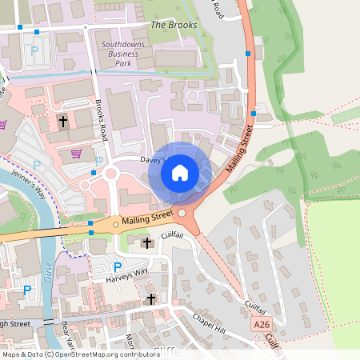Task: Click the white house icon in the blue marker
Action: click(180, 173)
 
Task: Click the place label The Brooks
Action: click(174, 25)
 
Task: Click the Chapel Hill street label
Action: click(210, 321)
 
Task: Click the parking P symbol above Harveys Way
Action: click(118, 267)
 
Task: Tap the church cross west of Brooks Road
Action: click(62, 122)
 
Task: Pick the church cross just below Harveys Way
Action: click(152, 299)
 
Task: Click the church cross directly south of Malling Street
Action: click(146, 242)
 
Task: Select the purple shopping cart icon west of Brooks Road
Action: click(76, 154)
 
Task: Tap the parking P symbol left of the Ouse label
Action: click(27, 290)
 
